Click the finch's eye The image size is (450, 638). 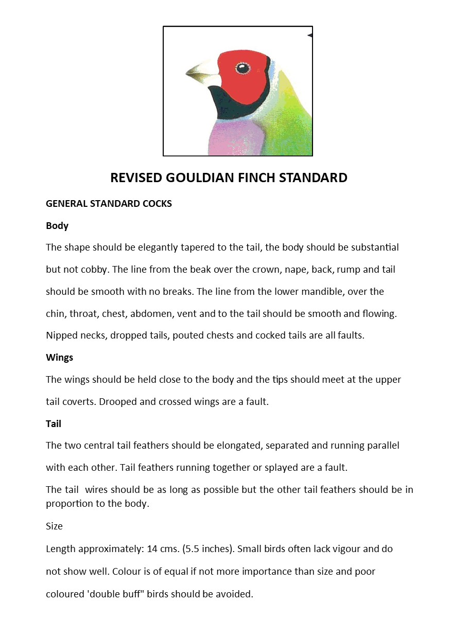(x=241, y=68)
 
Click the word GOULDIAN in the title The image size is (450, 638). (x=200, y=178)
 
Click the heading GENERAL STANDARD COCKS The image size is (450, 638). (x=109, y=204)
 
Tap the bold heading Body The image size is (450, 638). (x=57, y=226)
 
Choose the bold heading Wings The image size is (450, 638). (x=59, y=358)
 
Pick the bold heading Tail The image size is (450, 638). (x=54, y=424)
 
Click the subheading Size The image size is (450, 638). (x=54, y=526)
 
